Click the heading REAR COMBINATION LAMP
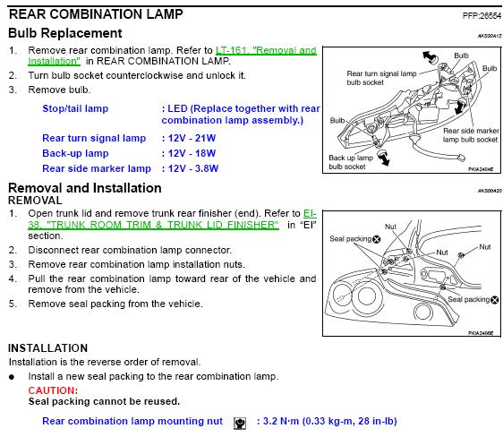(96, 14)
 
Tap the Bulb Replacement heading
(65, 33)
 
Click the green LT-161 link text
(172, 56)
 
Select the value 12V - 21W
(192, 138)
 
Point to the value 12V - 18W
(192, 153)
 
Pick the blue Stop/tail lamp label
(75, 108)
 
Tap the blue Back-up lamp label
(75, 153)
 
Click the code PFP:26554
(482, 15)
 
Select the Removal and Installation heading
(85, 188)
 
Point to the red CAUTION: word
(53, 390)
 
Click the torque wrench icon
(240, 424)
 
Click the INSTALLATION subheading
(47, 348)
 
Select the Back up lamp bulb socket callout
(351, 162)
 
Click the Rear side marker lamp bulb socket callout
(471, 135)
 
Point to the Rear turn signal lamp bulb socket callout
(381, 78)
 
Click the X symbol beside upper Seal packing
(377, 239)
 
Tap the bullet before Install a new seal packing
(12, 377)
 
